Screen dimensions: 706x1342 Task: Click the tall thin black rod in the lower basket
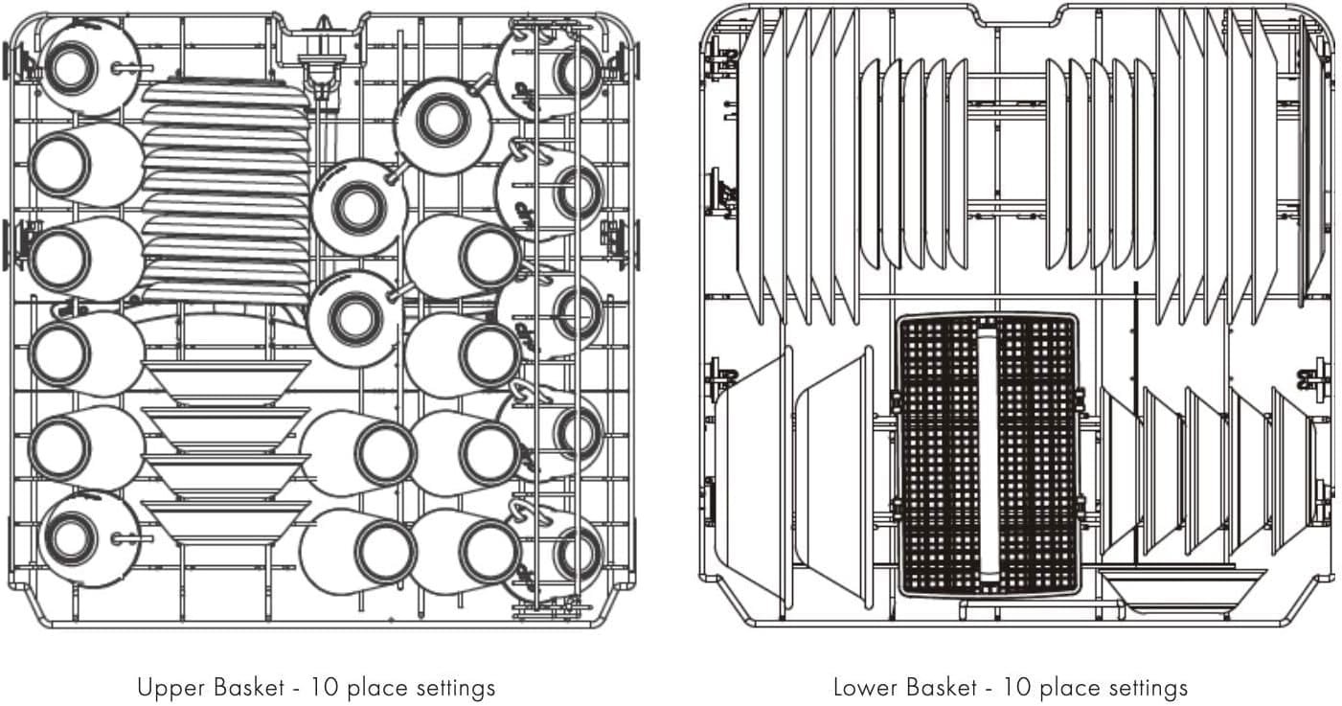pos(1134,421)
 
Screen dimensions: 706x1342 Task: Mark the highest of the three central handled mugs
pos(442,122)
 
